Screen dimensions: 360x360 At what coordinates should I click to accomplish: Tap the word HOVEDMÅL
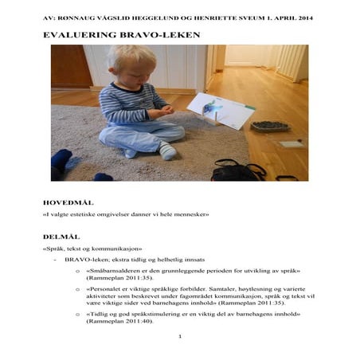68,203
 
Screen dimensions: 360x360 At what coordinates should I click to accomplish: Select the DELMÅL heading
61,237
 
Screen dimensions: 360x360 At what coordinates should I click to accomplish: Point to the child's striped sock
167,151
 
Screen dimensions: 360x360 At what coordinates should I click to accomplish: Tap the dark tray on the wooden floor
269,126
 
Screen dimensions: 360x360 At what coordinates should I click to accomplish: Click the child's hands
166,109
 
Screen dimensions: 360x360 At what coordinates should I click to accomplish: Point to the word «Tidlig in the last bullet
99,314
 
